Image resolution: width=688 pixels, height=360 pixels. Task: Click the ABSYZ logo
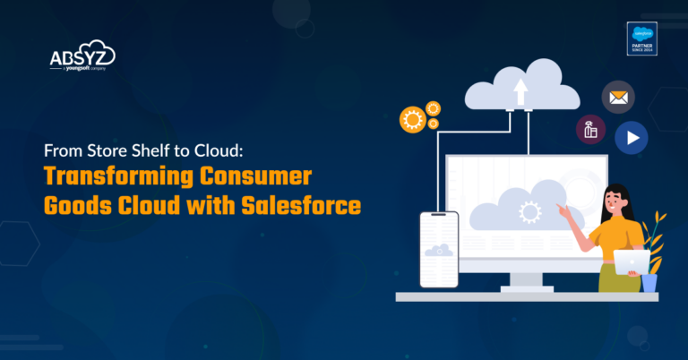(x=82, y=59)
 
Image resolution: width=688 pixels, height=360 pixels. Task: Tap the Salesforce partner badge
(x=642, y=39)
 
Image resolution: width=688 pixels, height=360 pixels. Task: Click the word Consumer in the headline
(x=269, y=178)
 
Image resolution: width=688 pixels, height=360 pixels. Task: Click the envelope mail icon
(x=616, y=97)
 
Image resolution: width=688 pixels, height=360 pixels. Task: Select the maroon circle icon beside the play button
(x=591, y=130)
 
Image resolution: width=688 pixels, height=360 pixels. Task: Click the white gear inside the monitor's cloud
(x=529, y=213)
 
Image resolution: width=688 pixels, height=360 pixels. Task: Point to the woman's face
(x=616, y=199)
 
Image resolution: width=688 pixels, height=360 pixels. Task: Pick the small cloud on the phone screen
(x=439, y=251)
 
